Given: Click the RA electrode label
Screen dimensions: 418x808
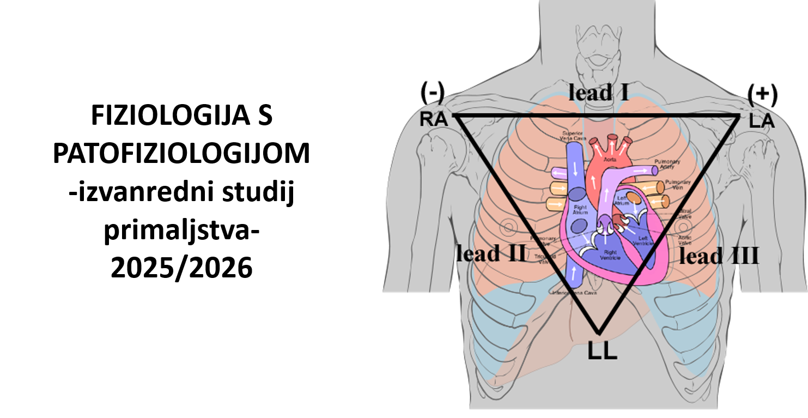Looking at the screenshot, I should click(x=433, y=119).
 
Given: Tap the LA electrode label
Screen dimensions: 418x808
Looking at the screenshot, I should click(x=762, y=121).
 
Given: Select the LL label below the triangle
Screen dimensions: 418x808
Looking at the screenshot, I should click(x=602, y=352).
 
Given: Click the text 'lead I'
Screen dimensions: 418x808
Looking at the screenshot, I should click(x=598, y=92).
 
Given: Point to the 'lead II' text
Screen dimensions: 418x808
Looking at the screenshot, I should click(x=491, y=253).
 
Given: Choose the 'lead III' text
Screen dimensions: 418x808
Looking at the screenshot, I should click(x=719, y=256).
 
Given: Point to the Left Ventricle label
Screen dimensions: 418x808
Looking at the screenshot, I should click(x=644, y=241).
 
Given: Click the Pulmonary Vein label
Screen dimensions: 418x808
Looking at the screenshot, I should click(x=677, y=184).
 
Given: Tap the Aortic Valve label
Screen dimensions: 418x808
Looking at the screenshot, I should click(x=685, y=240).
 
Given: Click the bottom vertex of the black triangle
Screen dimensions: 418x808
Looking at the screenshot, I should click(x=599, y=333).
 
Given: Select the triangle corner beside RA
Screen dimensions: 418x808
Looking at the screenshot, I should click(x=454, y=116).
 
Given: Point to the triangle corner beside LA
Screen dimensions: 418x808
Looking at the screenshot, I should click(x=740, y=116).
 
